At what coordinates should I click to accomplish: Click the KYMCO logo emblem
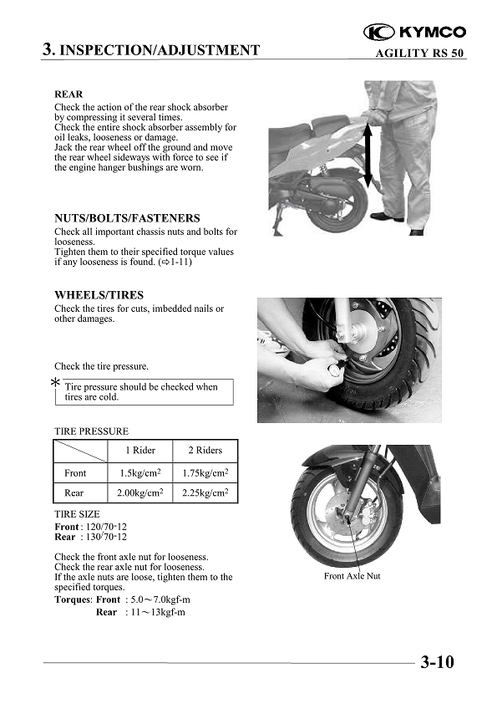378,33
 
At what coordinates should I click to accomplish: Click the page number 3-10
437,662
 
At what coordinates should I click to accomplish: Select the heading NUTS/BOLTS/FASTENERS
127,218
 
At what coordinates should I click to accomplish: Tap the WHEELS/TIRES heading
99,295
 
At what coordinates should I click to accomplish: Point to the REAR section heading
68,94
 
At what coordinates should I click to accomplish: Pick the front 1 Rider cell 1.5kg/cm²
140,472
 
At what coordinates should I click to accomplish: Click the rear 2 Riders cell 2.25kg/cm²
205,492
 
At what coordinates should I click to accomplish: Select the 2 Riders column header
205,451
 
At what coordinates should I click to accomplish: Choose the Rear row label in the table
74,492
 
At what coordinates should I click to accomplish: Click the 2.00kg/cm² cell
140,492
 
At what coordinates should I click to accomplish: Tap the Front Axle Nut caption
352,575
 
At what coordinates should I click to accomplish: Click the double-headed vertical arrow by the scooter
368,156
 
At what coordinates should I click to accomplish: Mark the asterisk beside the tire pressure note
55,382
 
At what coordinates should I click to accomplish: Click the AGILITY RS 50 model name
419,53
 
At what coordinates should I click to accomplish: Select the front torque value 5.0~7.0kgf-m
160,599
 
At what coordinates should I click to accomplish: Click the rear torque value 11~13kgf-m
158,612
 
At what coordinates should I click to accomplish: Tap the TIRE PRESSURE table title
92,431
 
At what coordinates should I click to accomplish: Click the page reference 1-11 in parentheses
180,262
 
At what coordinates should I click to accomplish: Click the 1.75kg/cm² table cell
205,472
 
